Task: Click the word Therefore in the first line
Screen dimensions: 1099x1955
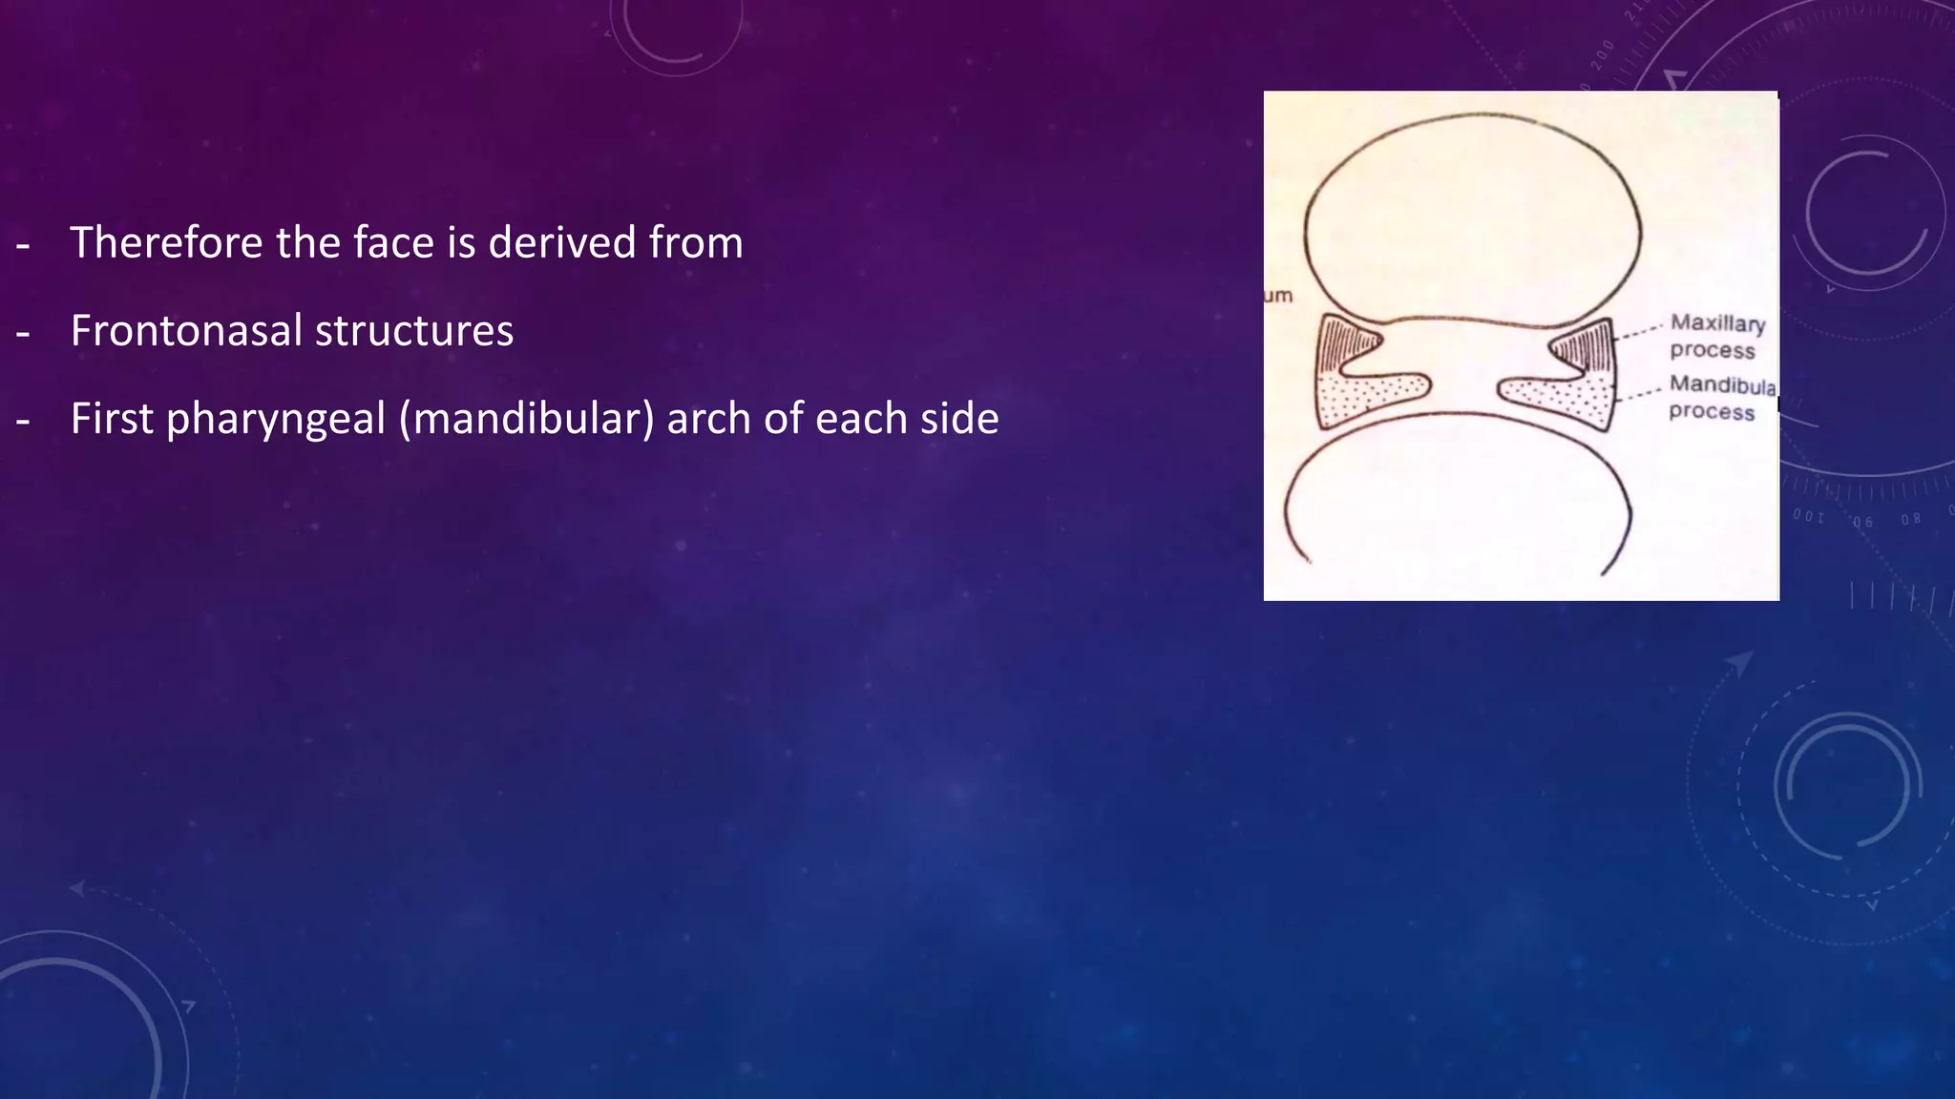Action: pos(165,242)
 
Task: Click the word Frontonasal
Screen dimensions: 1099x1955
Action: pos(185,330)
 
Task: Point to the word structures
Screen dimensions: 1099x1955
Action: pos(413,330)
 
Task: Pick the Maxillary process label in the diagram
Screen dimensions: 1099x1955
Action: pos(1716,337)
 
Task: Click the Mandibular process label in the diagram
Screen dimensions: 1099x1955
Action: pos(1720,398)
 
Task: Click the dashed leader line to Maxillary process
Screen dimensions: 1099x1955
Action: pos(1638,330)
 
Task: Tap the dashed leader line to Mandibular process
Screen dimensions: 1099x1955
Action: pos(1640,391)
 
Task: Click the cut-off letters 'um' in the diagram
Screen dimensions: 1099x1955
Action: pos(1278,296)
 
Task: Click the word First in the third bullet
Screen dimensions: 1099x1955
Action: pos(111,419)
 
